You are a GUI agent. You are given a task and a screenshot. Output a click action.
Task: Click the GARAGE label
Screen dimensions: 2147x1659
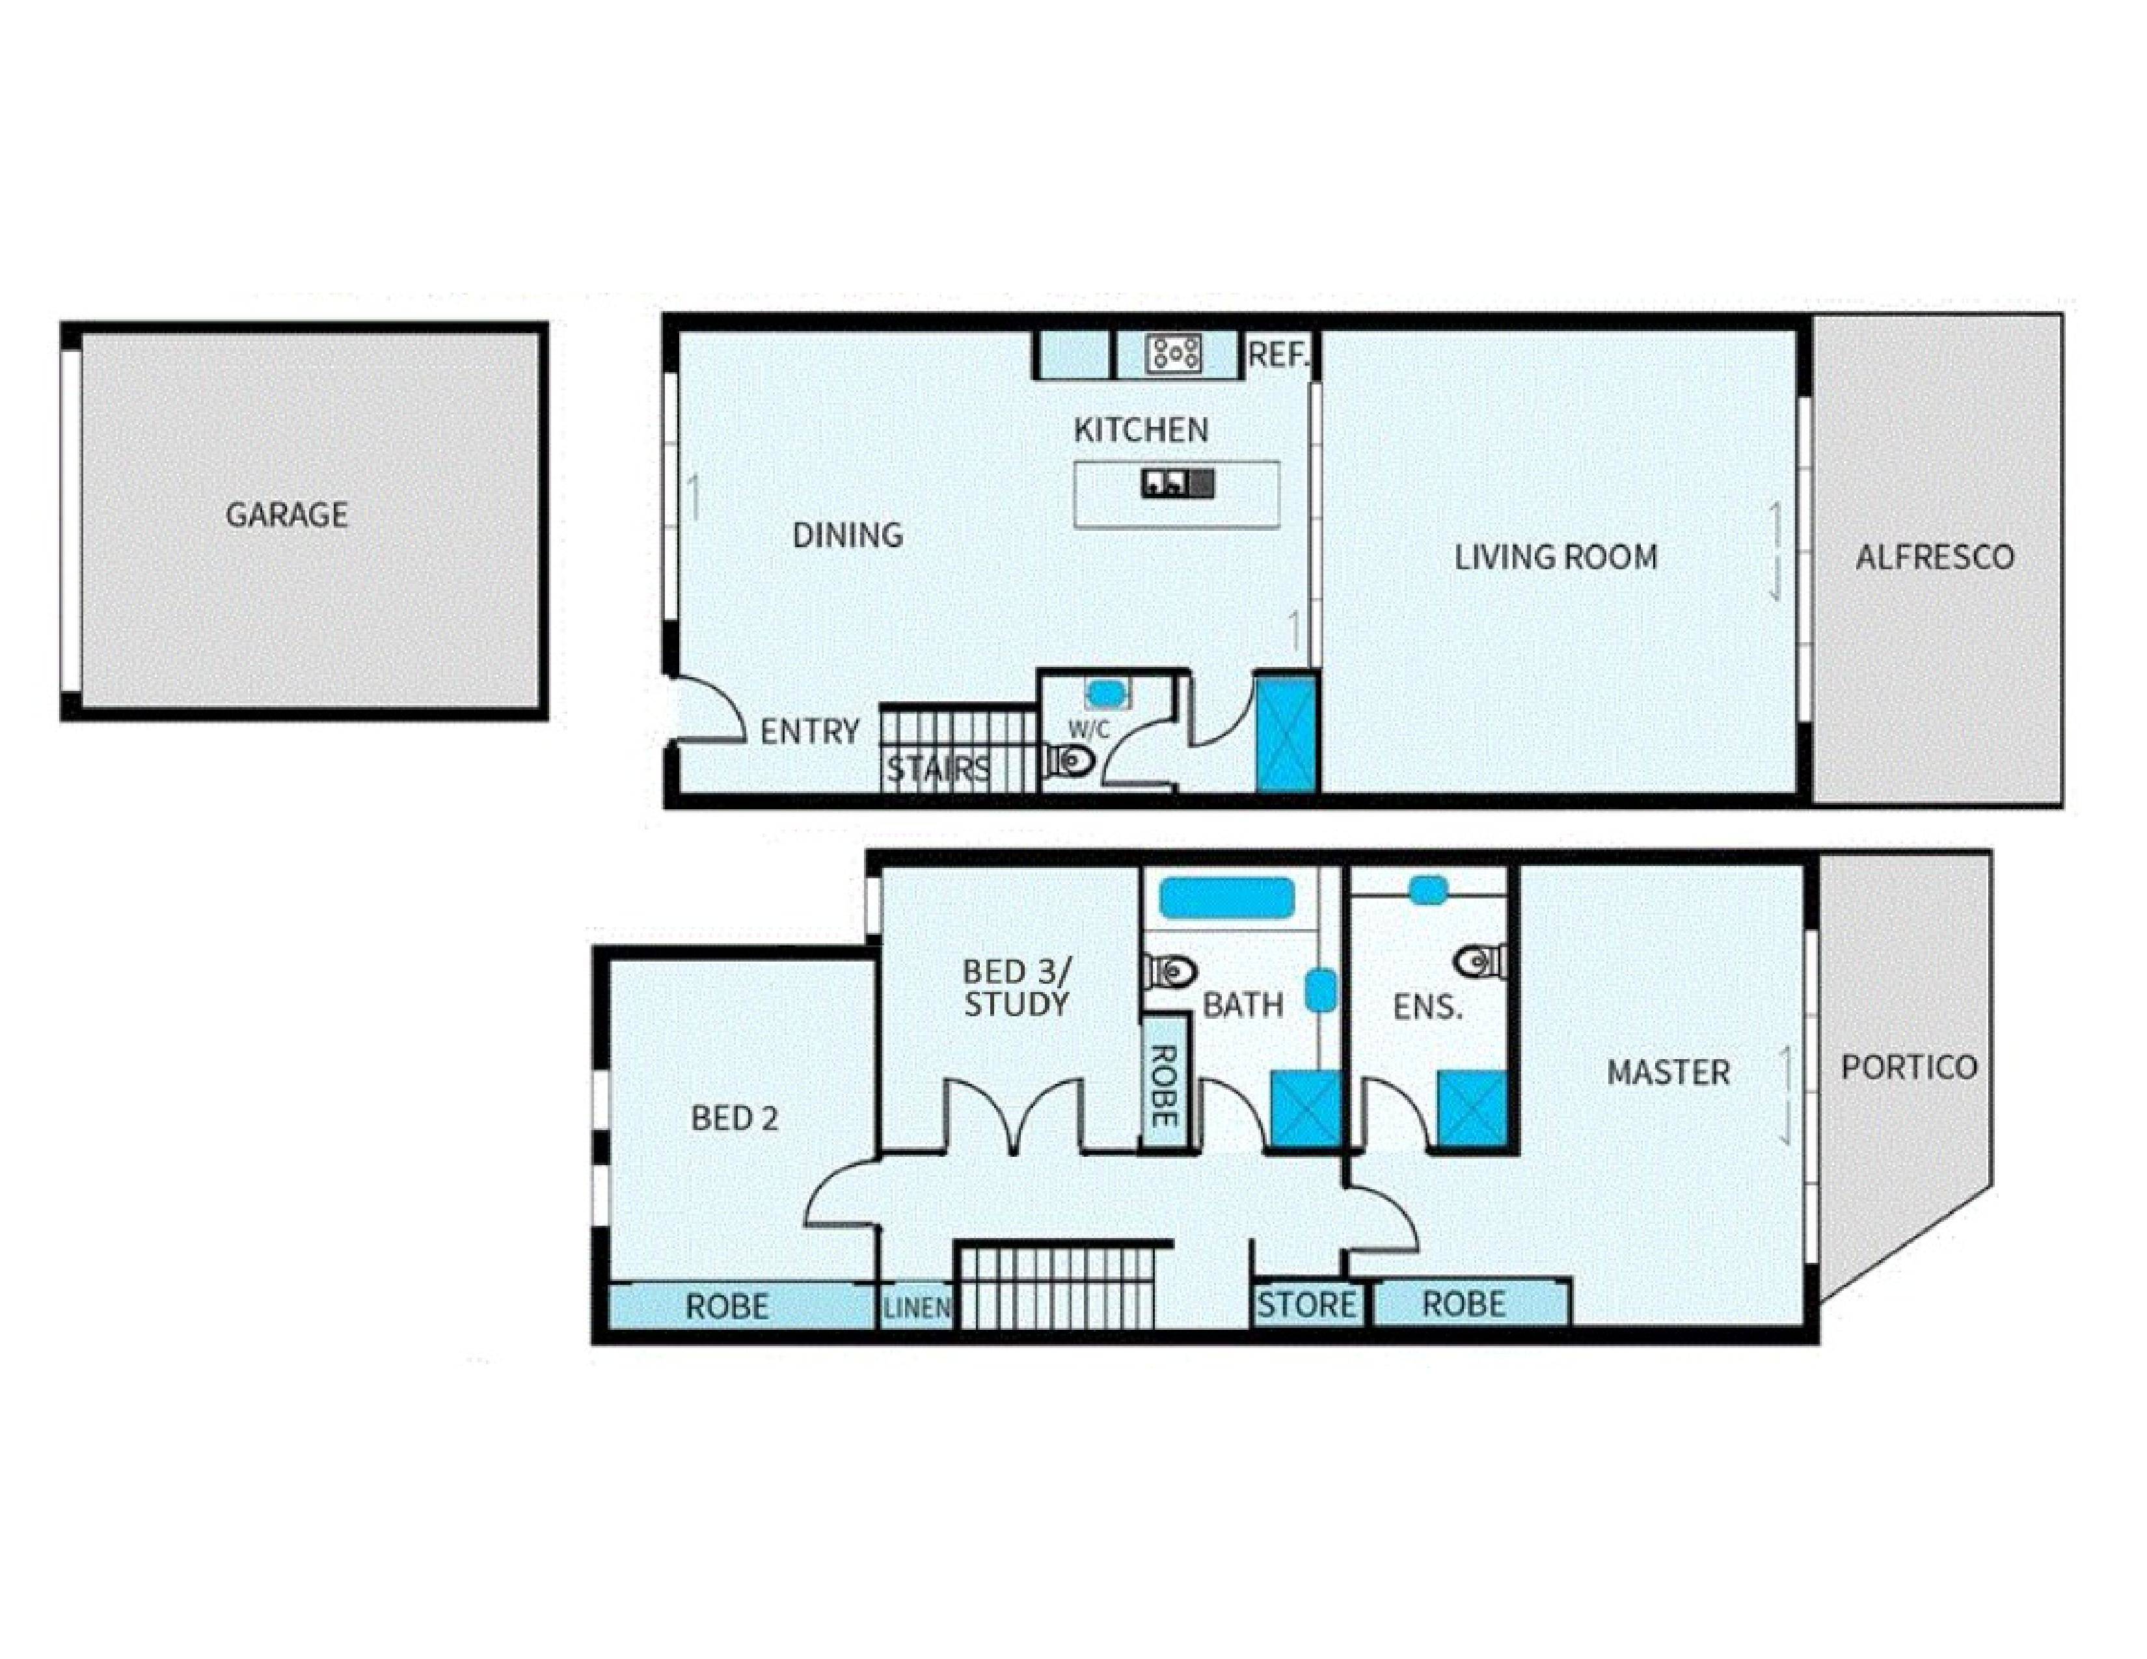(x=287, y=515)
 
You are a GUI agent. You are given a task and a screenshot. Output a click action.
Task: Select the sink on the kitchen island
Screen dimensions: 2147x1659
(x=1178, y=483)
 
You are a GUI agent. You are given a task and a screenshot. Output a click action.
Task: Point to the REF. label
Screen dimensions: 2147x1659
(x=1278, y=355)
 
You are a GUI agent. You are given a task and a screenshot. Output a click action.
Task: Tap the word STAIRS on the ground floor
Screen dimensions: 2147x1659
(x=939, y=770)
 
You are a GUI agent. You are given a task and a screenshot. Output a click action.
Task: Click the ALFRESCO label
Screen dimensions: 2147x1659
(x=1935, y=558)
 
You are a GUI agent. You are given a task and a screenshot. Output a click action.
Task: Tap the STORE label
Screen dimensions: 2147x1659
(x=1306, y=1305)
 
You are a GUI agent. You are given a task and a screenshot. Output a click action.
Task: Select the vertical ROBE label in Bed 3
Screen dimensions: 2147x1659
(x=1163, y=1086)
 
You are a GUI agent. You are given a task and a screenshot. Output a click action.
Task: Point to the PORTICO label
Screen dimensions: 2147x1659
(x=1909, y=1068)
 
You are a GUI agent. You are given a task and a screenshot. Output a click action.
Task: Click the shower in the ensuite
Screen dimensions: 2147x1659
(x=1472, y=1109)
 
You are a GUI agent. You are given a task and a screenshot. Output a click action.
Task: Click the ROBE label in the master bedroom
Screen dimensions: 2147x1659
(x=1464, y=1304)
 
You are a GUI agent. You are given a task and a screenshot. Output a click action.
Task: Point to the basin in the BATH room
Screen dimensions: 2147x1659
(x=1319, y=991)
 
